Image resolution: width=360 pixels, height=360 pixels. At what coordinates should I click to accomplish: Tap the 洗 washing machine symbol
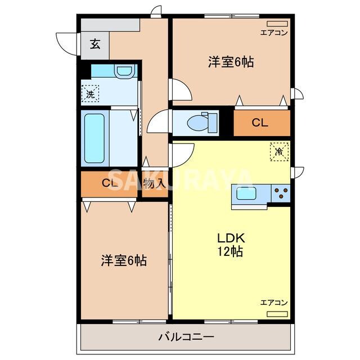coord(91,93)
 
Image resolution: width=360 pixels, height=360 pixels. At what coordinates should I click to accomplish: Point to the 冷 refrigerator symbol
coord(280,151)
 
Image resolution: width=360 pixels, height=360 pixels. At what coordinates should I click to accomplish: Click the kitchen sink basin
coord(246,193)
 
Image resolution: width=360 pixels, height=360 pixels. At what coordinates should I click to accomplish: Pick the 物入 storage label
coord(154,183)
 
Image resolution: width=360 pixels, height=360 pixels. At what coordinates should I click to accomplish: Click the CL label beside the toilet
coord(259,123)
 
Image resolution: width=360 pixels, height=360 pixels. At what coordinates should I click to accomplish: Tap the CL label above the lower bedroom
coord(110,183)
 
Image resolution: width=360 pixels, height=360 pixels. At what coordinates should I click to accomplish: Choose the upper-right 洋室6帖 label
coord(231,62)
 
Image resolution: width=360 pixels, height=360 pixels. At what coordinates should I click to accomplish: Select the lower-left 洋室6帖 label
coord(124,260)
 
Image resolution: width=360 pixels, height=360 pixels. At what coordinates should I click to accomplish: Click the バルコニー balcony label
coord(186,337)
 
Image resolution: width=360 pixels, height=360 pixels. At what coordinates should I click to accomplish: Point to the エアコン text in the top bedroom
coord(274,33)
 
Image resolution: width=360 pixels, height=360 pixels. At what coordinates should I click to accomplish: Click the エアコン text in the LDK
coord(274,303)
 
